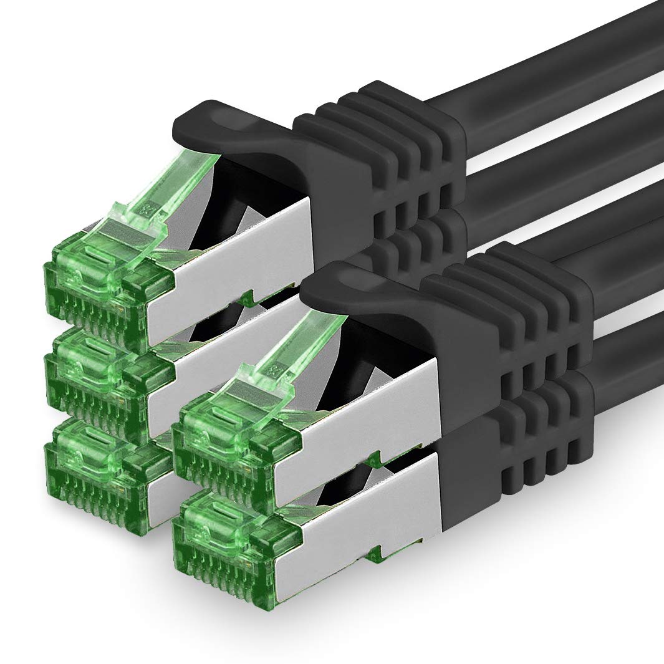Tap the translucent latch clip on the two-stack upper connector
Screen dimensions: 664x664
[287, 362]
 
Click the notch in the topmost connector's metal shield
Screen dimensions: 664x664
[249, 296]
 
